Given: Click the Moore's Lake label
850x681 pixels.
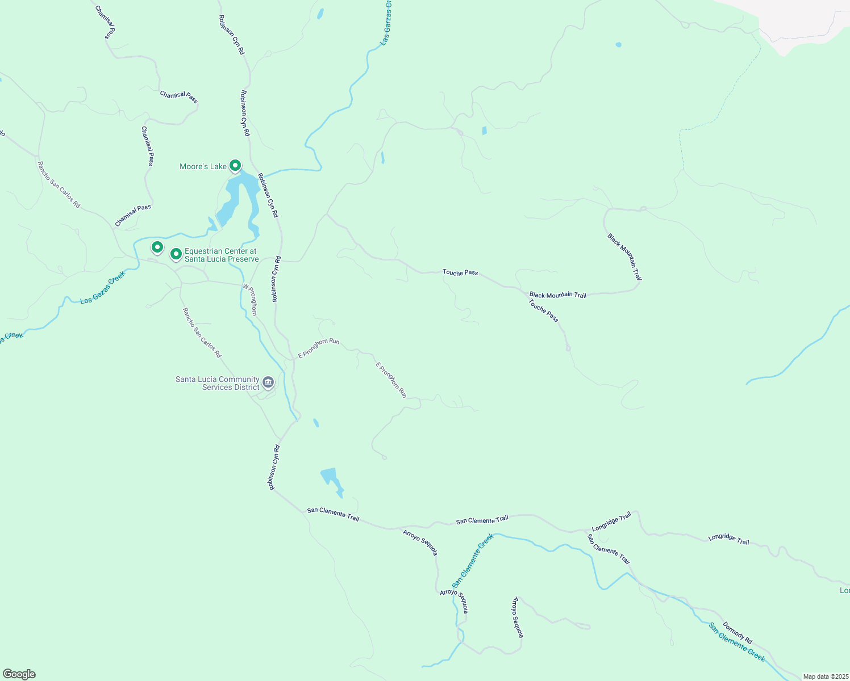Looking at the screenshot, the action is click(203, 166).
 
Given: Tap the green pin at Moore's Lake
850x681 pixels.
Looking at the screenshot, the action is click(235, 166).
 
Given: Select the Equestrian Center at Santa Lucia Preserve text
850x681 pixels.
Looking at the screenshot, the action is click(221, 255).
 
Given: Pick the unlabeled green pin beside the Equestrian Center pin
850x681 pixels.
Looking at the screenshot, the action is click(157, 247).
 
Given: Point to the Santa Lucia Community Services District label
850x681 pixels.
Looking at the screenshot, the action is click(217, 383).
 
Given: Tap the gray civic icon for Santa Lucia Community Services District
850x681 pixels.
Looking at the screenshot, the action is click(268, 382).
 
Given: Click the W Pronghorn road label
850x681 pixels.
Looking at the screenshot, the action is click(250, 300).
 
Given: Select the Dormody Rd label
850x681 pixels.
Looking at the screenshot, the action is click(737, 632).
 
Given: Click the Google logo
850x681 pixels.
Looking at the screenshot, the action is click(19, 674).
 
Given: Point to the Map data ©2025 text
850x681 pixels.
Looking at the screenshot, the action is click(824, 676).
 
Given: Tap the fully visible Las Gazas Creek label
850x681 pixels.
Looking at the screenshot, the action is click(102, 287).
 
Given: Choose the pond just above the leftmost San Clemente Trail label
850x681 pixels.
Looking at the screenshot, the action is click(331, 478).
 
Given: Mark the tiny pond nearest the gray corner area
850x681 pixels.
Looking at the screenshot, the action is click(618, 44).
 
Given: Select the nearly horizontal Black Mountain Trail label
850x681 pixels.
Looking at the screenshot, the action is click(557, 295).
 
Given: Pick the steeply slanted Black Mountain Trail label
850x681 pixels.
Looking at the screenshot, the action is click(624, 257).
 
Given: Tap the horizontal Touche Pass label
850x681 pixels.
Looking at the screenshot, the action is click(460, 272).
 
